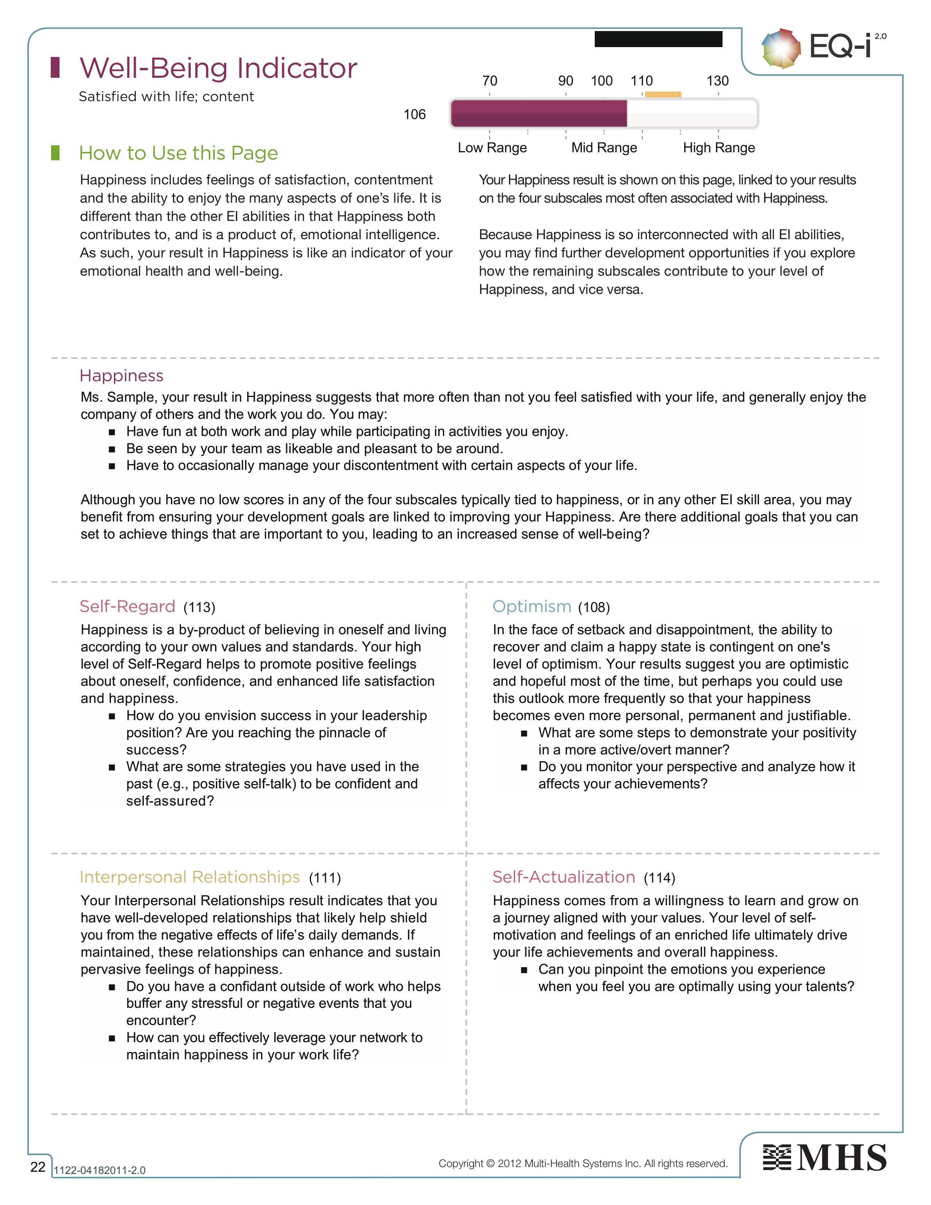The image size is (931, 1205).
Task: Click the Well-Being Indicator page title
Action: click(218, 68)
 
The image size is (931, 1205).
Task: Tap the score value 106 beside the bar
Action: click(414, 115)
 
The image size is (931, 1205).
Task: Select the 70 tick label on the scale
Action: click(489, 81)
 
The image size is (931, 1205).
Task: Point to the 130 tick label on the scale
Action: click(717, 81)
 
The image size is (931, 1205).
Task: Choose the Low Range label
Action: click(492, 148)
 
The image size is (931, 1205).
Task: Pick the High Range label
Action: click(719, 148)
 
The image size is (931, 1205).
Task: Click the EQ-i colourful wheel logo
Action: click(781, 49)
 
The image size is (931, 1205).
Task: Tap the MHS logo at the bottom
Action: click(824, 1158)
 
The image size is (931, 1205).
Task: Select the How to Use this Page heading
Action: click(178, 153)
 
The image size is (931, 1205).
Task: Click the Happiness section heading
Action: click(121, 376)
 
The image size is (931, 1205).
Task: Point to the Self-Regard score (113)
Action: click(199, 608)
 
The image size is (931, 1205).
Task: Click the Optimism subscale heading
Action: click(532, 607)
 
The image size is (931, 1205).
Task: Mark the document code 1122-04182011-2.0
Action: click(99, 1170)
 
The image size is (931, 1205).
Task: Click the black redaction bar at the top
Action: click(658, 39)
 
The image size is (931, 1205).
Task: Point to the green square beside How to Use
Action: click(55, 153)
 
